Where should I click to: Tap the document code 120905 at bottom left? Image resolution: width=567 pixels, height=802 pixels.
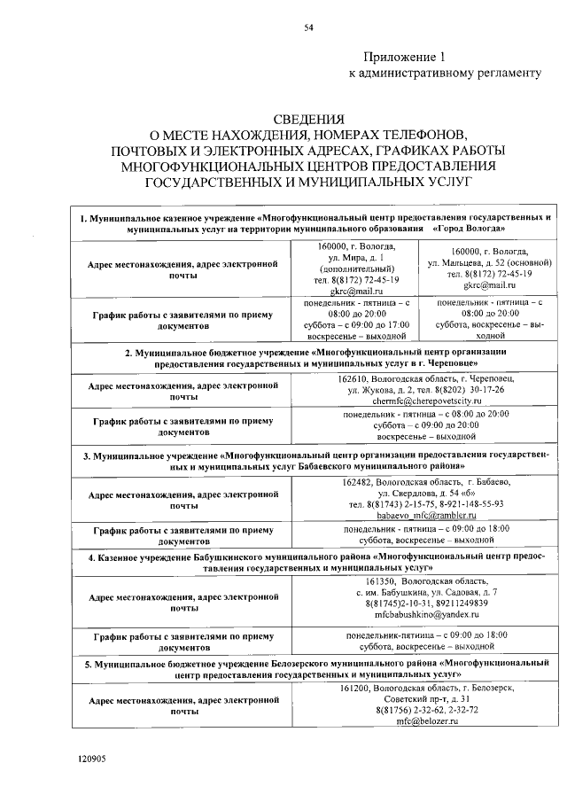89,759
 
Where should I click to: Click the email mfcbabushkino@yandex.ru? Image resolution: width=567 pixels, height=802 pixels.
426,614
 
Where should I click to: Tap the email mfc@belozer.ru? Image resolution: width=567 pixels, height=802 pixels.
426,721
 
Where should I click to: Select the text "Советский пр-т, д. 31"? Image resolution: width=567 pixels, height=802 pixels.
426,699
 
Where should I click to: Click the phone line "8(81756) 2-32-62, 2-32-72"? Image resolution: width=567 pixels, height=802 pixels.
426,710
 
